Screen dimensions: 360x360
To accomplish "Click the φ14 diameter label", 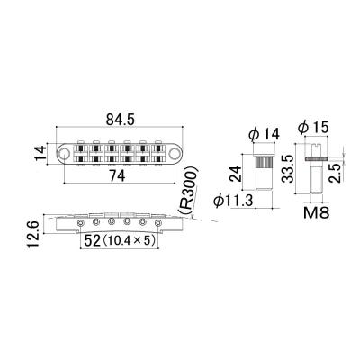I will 262,134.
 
